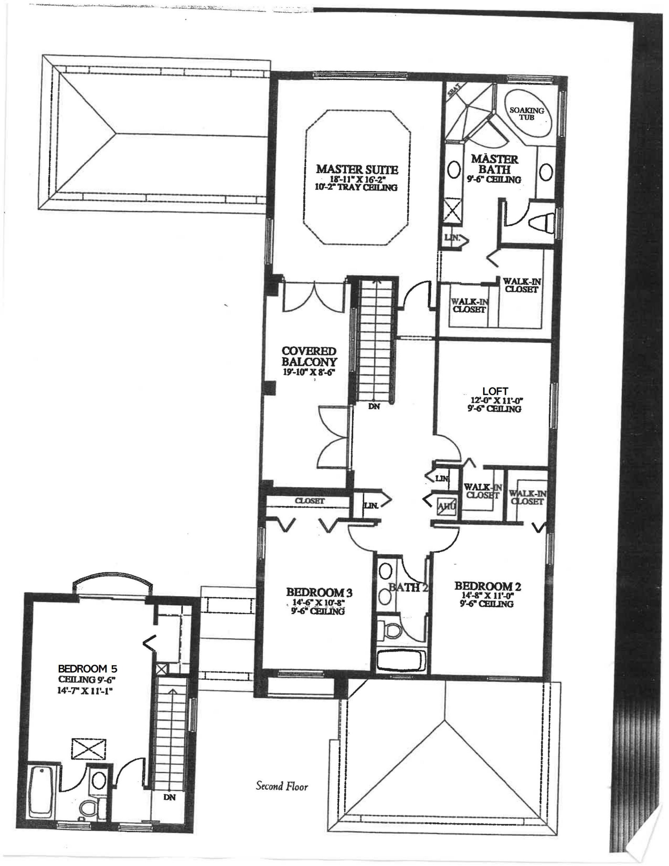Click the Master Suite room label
[x=357, y=169]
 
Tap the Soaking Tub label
[x=527, y=113]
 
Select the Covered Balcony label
[x=309, y=356]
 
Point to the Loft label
[x=495, y=391]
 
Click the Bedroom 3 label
[x=319, y=592]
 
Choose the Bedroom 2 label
[x=487, y=586]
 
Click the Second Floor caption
[x=282, y=786]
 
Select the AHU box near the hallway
[x=446, y=507]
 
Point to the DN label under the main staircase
[x=374, y=407]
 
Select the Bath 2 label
[x=408, y=588]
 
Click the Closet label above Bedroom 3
[x=310, y=501]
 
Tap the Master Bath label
[x=494, y=165]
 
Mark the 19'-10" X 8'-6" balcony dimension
[x=309, y=372]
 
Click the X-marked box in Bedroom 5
[x=88, y=749]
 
